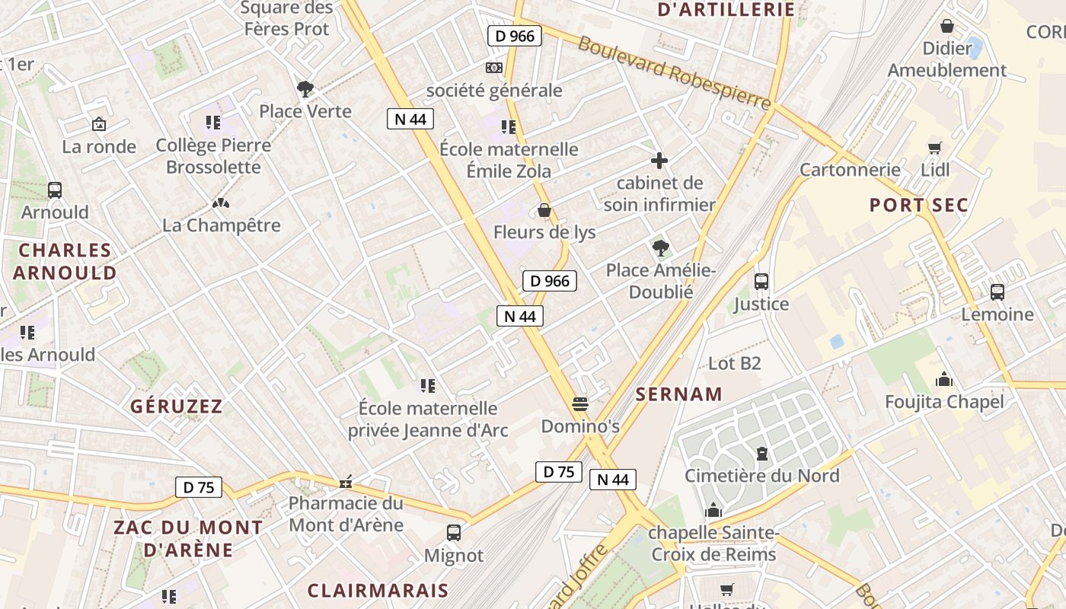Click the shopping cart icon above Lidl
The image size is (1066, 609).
tap(934, 148)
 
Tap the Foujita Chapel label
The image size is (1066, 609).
tap(944, 401)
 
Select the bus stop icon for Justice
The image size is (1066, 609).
tap(761, 282)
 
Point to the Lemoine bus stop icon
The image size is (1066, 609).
tap(997, 292)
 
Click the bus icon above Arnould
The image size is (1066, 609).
tap(54, 190)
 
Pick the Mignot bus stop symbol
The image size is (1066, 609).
tap(454, 533)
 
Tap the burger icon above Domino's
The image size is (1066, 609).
tap(580, 403)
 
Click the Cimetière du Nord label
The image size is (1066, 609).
tap(761, 476)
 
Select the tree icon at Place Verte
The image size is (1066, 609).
tap(305, 89)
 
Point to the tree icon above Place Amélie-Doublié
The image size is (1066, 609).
tap(660, 247)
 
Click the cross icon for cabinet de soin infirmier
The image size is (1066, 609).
tap(659, 161)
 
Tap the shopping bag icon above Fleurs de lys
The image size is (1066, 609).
tap(544, 210)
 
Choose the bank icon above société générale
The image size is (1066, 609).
tap(494, 68)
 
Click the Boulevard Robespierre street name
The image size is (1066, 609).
tap(674, 72)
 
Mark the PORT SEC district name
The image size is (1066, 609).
tap(919, 205)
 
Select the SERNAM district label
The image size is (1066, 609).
tap(678, 394)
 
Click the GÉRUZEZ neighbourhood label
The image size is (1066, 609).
tap(176, 406)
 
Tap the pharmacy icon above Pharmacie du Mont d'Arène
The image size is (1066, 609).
tap(346, 481)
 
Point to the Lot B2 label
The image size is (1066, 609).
tap(735, 363)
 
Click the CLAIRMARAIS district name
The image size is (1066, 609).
tap(378, 590)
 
